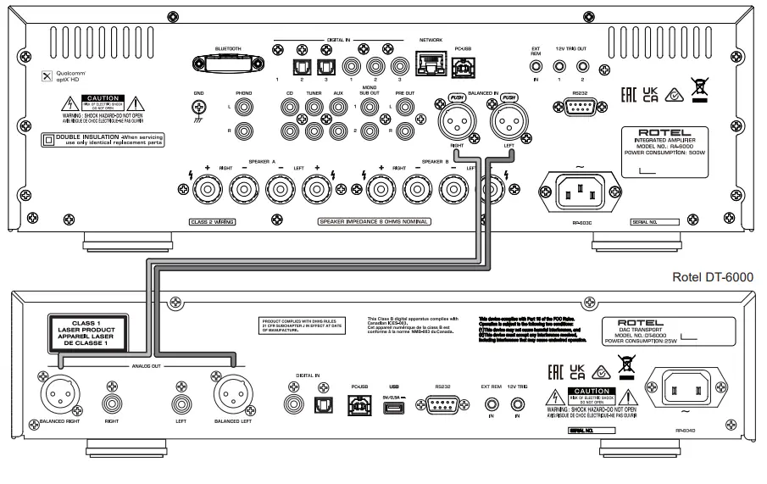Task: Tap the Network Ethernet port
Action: (431, 61)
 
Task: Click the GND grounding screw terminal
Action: (200, 108)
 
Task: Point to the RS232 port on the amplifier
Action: (580, 108)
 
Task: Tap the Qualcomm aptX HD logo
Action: (64, 75)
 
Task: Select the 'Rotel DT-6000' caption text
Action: (710, 276)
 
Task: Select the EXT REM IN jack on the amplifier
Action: (535, 65)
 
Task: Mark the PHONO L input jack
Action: (245, 108)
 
